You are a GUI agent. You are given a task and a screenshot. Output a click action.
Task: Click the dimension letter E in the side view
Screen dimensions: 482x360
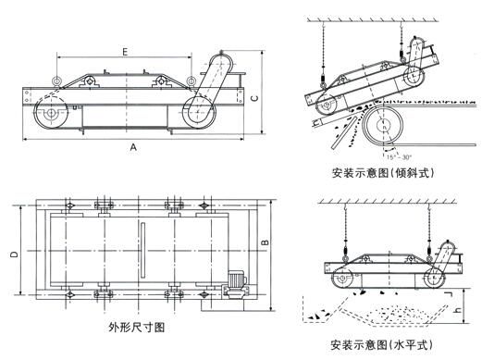pyautogui.click(x=125, y=52)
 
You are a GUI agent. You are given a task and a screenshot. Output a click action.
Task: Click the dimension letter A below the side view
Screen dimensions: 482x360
pyautogui.click(x=133, y=147)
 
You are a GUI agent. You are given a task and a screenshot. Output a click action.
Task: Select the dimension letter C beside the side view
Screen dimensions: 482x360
pyautogui.click(x=254, y=98)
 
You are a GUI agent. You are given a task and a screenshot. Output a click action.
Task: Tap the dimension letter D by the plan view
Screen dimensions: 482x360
pyautogui.click(x=14, y=254)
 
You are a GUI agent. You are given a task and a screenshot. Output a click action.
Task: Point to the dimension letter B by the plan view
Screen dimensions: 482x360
pyautogui.click(x=266, y=242)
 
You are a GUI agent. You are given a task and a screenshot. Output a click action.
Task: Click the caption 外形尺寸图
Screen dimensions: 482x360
pyautogui.click(x=137, y=327)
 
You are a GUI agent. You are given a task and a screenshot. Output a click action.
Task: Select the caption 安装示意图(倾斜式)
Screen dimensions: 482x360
pyautogui.click(x=383, y=173)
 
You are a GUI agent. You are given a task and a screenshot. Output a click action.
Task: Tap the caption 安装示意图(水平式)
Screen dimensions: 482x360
pyautogui.click(x=381, y=344)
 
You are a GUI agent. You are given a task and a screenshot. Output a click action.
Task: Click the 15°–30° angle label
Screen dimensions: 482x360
pyautogui.click(x=400, y=157)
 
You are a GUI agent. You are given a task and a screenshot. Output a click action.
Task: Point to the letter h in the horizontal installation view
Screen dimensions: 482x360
pyautogui.click(x=459, y=310)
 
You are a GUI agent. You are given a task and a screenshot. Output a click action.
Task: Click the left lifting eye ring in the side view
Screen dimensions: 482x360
pyautogui.click(x=56, y=81)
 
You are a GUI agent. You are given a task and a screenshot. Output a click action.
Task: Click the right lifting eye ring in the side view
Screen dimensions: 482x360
pyautogui.click(x=192, y=81)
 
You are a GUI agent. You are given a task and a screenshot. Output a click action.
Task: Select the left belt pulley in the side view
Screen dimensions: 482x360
pyautogui.click(x=51, y=113)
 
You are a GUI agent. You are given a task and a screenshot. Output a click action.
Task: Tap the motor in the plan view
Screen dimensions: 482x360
pyautogui.click(x=237, y=283)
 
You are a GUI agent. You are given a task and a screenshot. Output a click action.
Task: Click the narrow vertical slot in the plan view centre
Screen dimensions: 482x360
pyautogui.click(x=142, y=250)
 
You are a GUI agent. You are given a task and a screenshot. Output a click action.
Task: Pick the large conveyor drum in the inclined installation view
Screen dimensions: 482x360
pyautogui.click(x=383, y=125)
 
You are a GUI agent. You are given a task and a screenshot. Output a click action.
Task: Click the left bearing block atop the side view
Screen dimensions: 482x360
pyautogui.click(x=90, y=81)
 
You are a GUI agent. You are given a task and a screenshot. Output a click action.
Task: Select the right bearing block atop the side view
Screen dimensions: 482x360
pyautogui.click(x=160, y=81)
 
